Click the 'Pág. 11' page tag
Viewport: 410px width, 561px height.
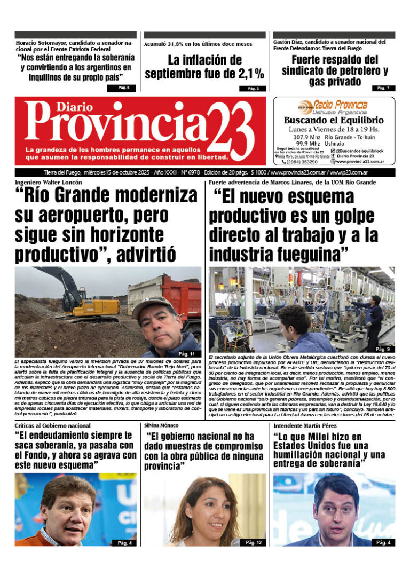186,354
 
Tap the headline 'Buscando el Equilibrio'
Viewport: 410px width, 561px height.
334,121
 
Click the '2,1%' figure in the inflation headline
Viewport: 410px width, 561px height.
250,74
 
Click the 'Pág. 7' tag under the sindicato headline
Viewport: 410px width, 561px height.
383,88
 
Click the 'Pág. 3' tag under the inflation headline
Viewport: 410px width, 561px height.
253,89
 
